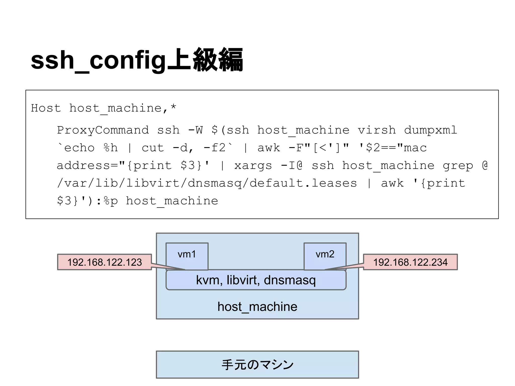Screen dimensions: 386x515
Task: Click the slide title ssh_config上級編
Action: click(x=137, y=60)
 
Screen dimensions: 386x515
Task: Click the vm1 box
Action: click(x=187, y=255)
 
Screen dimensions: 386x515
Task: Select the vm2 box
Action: click(x=325, y=255)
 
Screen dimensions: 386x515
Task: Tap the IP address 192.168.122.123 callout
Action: click(x=105, y=262)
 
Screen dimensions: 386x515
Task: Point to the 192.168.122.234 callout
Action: click(x=410, y=262)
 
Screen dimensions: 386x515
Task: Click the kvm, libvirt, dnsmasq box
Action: click(x=256, y=280)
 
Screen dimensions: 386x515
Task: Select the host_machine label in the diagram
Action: click(x=257, y=307)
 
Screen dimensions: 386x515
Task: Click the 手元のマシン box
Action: click(x=257, y=365)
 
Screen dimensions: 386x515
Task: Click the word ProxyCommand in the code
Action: click(x=103, y=130)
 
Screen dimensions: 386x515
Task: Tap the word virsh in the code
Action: click(x=377, y=130)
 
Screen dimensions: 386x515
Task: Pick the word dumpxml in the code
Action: click(x=430, y=130)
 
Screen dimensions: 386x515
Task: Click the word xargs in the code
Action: click(x=253, y=166)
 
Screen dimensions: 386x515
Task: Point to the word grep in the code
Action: click(x=458, y=166)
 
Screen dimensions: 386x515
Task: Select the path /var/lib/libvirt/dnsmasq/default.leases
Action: click(x=207, y=183)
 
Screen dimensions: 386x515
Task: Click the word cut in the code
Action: click(x=153, y=148)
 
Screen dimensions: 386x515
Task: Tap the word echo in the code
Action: click(x=79, y=148)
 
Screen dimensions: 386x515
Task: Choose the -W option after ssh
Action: click(x=195, y=130)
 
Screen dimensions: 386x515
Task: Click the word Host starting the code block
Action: click(x=46, y=108)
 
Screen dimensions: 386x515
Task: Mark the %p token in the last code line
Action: click(x=110, y=201)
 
